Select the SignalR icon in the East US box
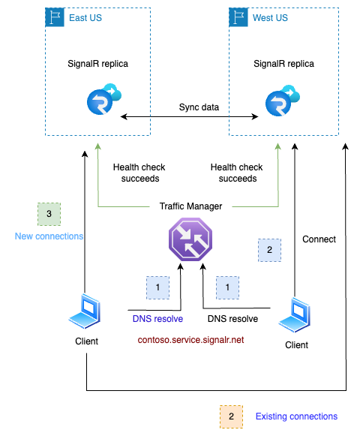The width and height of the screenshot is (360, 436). pyautogui.click(x=103, y=101)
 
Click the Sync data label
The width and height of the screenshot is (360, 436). pyautogui.click(x=199, y=107)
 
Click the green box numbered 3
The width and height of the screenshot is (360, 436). pyautogui.click(x=49, y=215)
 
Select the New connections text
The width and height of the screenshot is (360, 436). pyautogui.click(x=49, y=236)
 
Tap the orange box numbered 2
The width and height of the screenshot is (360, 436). pyautogui.click(x=231, y=416)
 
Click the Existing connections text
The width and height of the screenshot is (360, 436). pyautogui.click(x=296, y=416)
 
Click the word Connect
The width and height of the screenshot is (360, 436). pyautogui.click(x=319, y=239)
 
